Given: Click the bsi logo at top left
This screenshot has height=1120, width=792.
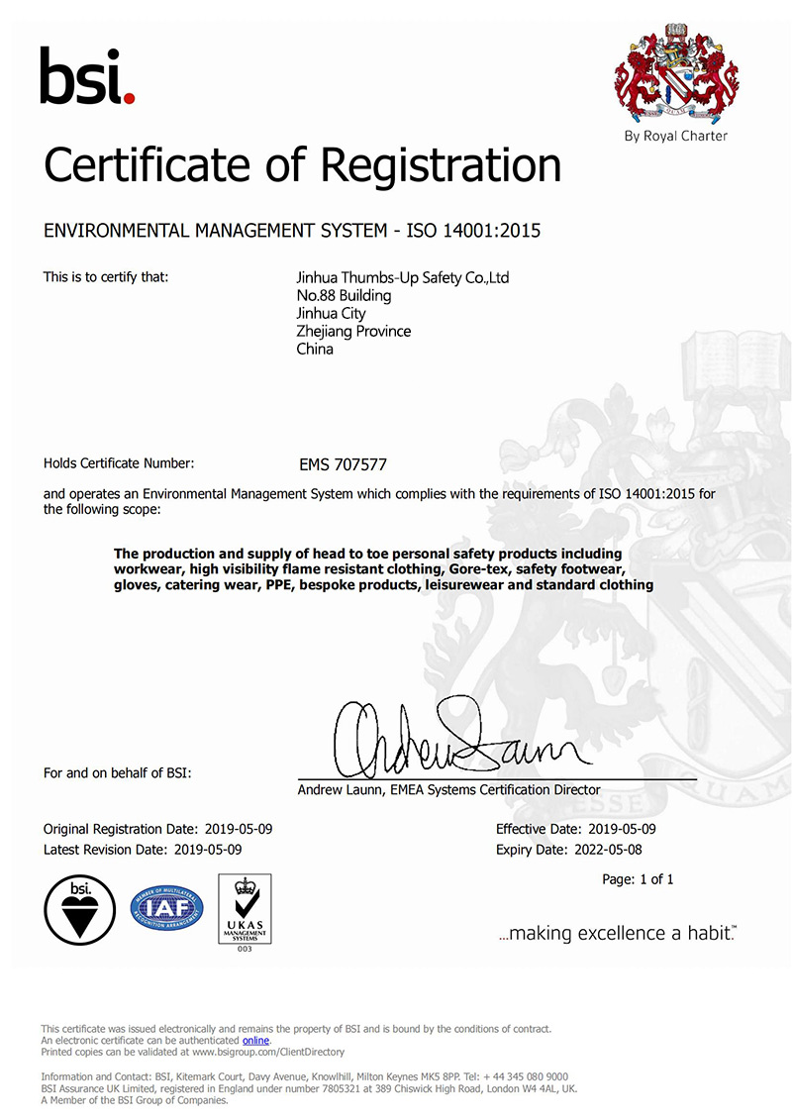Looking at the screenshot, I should pyautogui.click(x=86, y=76).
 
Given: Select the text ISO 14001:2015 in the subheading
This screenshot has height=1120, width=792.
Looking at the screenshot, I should pyautogui.click(x=479, y=232).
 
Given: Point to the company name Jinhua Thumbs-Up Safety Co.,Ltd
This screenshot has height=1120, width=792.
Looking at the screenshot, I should pyautogui.click(x=396, y=278).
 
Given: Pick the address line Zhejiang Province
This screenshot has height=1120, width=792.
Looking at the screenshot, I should pyautogui.click(x=353, y=332).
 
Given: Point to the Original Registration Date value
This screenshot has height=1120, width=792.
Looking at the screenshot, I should pyautogui.click(x=238, y=829).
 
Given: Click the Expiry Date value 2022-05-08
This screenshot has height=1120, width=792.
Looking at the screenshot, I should pyautogui.click(x=608, y=850).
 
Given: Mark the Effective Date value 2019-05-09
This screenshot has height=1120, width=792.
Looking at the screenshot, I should pyautogui.click(x=616, y=829).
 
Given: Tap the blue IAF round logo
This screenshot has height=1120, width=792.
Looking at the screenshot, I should pyautogui.click(x=165, y=909).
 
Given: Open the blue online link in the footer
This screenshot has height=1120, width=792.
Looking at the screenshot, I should pyautogui.click(x=255, y=1041).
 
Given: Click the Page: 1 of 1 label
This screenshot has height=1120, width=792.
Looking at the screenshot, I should pyautogui.click(x=638, y=879).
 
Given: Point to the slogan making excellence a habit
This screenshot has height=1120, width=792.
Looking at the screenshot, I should pyautogui.click(x=618, y=934).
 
